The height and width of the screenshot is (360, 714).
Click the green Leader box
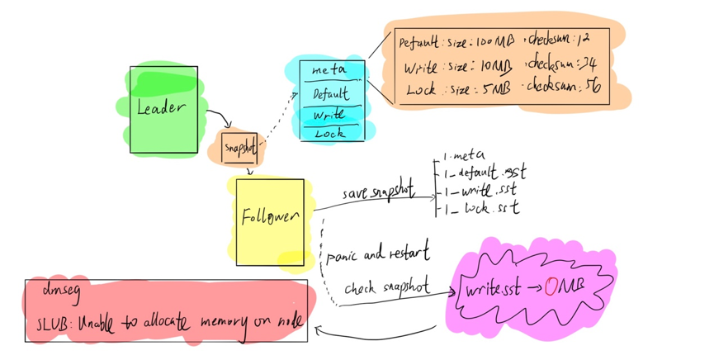point(163,109)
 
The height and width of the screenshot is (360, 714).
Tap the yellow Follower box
point(269,220)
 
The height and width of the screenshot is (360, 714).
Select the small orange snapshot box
point(239,148)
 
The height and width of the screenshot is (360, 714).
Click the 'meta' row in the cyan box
point(331,72)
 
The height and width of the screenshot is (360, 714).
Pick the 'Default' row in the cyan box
point(331,93)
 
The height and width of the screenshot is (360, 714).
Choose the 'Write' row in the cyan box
point(329,114)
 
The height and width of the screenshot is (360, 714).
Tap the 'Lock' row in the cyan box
point(330,132)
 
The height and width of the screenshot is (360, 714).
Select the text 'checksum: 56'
point(564,86)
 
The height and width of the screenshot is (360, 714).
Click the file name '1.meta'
point(465,154)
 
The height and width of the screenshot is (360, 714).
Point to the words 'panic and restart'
point(377,251)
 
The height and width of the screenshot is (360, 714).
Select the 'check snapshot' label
point(386,287)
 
